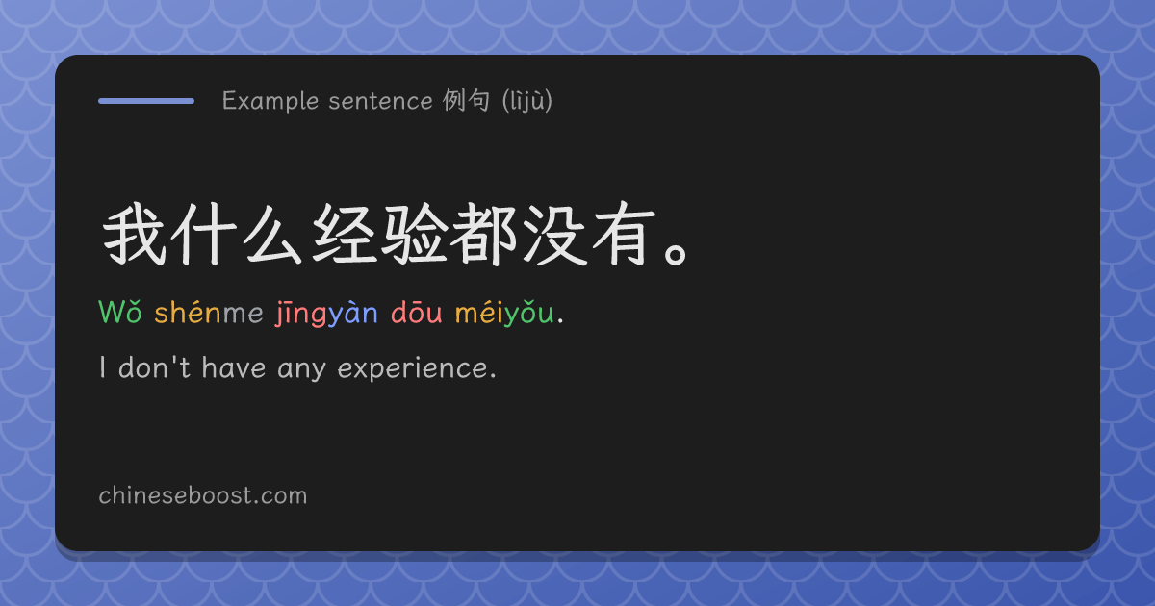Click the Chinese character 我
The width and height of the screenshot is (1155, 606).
click(x=134, y=234)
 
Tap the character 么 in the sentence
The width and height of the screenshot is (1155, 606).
click(x=272, y=234)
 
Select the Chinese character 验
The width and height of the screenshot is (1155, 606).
click(x=414, y=234)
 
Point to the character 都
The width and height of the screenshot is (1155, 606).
click(x=483, y=234)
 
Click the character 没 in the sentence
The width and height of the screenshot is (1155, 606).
click(x=554, y=234)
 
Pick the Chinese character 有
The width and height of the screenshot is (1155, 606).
click(x=624, y=234)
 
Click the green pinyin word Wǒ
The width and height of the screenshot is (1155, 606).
click(x=120, y=312)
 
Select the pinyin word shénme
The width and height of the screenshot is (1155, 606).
click(x=209, y=312)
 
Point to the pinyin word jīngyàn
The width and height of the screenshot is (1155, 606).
click(x=326, y=313)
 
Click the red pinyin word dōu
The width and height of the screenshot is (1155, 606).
click(x=416, y=312)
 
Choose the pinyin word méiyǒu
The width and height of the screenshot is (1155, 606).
click(x=504, y=313)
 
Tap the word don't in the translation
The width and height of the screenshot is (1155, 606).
click(x=154, y=366)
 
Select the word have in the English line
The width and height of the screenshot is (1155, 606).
click(x=234, y=366)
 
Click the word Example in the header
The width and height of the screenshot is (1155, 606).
click(x=270, y=101)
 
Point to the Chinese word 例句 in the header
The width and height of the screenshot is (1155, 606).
click(x=466, y=100)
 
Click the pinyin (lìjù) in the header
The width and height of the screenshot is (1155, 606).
click(x=527, y=100)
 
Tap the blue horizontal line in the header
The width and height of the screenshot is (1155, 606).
click(x=146, y=101)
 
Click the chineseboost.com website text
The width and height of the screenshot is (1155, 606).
click(x=203, y=495)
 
